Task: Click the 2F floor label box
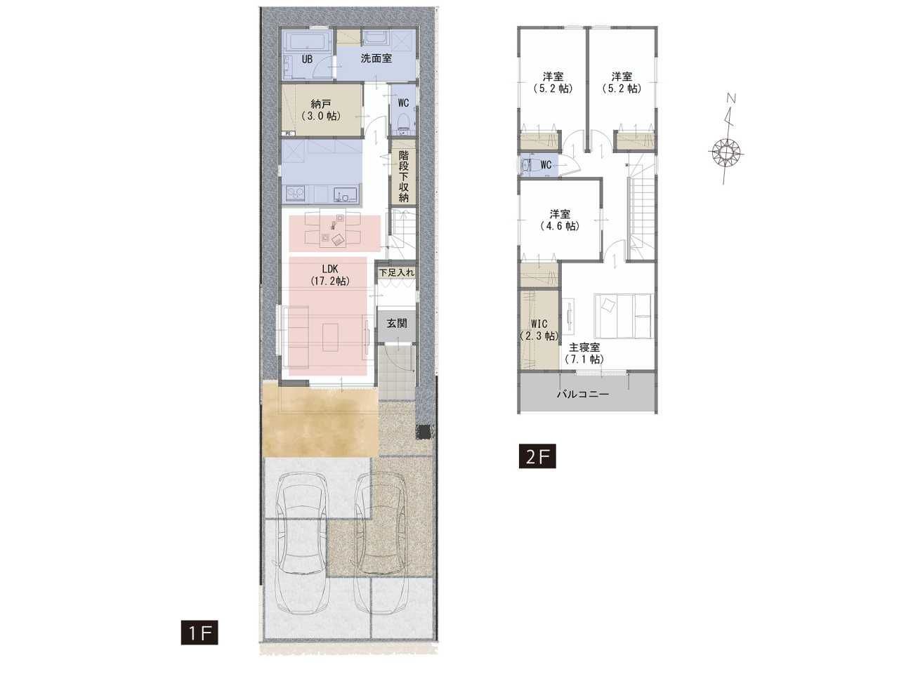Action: pyautogui.click(x=537, y=456)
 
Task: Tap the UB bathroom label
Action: pyautogui.click(x=307, y=60)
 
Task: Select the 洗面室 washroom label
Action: pyautogui.click(x=376, y=58)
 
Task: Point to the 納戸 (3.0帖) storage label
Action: pyautogui.click(x=321, y=110)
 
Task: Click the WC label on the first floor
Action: pyautogui.click(x=403, y=103)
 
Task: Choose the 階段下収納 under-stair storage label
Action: pyautogui.click(x=404, y=176)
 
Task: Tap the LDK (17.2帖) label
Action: pyautogui.click(x=329, y=275)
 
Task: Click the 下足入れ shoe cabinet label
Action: pyautogui.click(x=396, y=272)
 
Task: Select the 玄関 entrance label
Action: pyautogui.click(x=397, y=323)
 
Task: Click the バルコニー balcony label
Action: pyautogui.click(x=583, y=395)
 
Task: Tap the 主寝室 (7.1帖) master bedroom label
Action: pyautogui.click(x=584, y=353)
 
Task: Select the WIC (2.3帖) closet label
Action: pyautogui.click(x=539, y=330)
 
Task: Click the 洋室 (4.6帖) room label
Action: pyautogui.click(x=560, y=220)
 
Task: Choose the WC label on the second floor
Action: pyautogui.click(x=546, y=165)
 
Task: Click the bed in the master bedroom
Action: pyautogui.click(x=622, y=315)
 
